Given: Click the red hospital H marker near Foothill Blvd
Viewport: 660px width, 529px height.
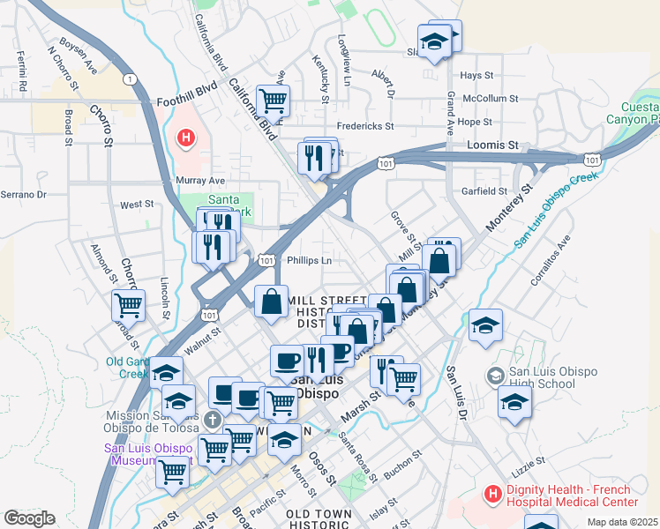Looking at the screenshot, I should pos(186,138).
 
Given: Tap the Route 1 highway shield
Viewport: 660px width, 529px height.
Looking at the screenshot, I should pos(131,79).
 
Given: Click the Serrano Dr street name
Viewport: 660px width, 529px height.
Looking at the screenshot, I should pos(22,194).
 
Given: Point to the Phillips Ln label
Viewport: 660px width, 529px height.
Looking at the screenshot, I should pos(310,260).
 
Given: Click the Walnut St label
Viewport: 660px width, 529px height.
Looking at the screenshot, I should pos(202,334).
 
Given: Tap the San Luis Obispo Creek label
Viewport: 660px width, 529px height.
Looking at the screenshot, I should pos(556,208).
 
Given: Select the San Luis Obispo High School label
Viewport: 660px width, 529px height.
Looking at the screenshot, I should pos(536,377).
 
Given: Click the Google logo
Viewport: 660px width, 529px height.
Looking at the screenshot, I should pos(29,518).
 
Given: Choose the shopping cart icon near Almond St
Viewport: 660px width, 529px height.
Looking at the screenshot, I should pos(128,305).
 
